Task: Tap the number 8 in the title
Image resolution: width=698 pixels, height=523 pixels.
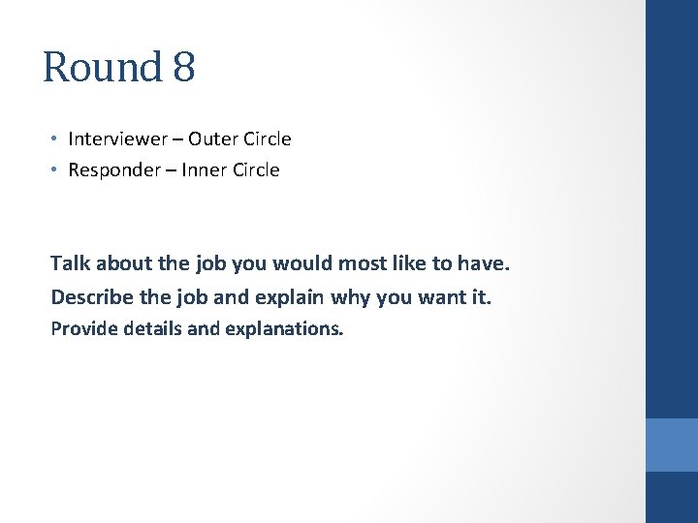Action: coord(184,67)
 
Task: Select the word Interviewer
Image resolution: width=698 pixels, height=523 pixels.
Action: coord(116,138)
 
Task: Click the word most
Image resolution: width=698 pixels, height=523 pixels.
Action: coord(360,262)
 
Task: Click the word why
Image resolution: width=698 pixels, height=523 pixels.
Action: coord(352,296)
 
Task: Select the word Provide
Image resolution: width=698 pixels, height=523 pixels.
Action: coord(82,328)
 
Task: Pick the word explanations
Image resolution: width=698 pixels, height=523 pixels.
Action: coord(283,329)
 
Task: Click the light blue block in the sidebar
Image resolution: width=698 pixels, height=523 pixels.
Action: coord(672,445)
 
